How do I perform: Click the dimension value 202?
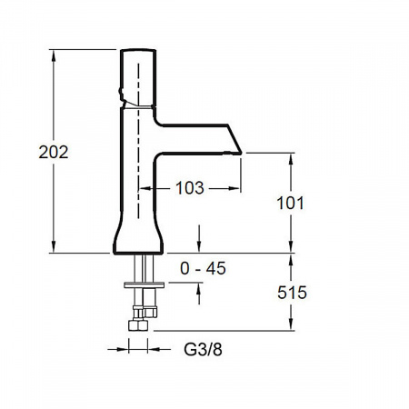tap(54, 152)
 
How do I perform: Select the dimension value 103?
tap(190, 188)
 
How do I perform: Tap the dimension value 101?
tap(290, 203)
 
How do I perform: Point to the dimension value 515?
tap(292, 293)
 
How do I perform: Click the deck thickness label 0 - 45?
tap(203, 268)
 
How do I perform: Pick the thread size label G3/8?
tap(203, 350)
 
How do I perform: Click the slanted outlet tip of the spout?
tap(234, 139)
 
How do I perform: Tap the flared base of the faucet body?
tap(138, 236)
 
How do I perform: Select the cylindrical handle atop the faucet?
tap(138, 77)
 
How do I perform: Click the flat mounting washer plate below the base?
tap(145, 284)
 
